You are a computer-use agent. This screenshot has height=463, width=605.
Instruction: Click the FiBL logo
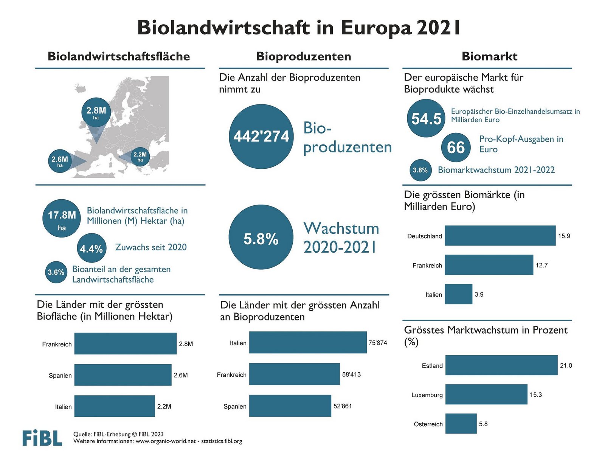(42, 438)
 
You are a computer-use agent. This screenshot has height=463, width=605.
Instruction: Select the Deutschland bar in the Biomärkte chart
(500, 236)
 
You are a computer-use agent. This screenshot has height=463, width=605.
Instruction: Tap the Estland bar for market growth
(501, 365)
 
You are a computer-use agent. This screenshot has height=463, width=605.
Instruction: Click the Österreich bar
(461, 423)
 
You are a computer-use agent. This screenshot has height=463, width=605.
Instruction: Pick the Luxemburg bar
(486, 394)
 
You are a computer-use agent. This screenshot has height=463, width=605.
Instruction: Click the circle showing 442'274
(261, 136)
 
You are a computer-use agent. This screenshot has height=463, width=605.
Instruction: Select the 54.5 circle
(426, 118)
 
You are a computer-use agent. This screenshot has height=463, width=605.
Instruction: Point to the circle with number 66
(456, 147)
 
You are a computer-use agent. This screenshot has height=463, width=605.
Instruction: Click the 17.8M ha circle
(62, 218)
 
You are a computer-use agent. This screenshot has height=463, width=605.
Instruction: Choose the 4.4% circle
(92, 248)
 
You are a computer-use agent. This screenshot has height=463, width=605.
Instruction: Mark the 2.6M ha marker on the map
(60, 161)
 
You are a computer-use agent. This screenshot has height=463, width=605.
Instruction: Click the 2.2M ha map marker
(140, 156)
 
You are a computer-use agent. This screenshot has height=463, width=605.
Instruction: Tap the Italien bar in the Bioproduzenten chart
(308, 342)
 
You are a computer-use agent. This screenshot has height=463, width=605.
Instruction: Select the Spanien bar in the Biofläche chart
(123, 375)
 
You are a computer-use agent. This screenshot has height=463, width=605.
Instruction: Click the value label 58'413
(351, 374)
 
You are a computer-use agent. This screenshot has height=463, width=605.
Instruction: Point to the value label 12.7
(541, 265)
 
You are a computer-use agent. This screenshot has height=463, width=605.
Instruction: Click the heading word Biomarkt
(489, 56)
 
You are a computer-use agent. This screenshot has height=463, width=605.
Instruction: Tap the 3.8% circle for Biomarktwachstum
(420, 170)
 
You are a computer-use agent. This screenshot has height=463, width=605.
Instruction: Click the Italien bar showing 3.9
(458, 294)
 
